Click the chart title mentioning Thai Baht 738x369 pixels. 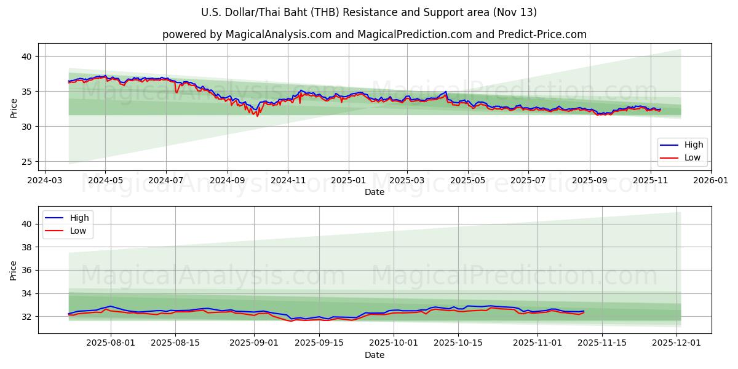pos(369,12)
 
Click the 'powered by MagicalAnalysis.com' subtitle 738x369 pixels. pos(374,34)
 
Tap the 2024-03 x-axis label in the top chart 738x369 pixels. pos(44,181)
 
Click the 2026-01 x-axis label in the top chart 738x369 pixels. pos(710,181)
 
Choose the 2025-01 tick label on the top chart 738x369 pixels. pos(349,181)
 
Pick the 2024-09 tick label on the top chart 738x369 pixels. pos(227,181)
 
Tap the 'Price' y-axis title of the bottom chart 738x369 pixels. pos(14,270)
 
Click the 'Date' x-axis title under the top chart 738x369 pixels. pos(374,192)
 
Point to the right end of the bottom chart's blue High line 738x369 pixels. pos(584,311)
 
